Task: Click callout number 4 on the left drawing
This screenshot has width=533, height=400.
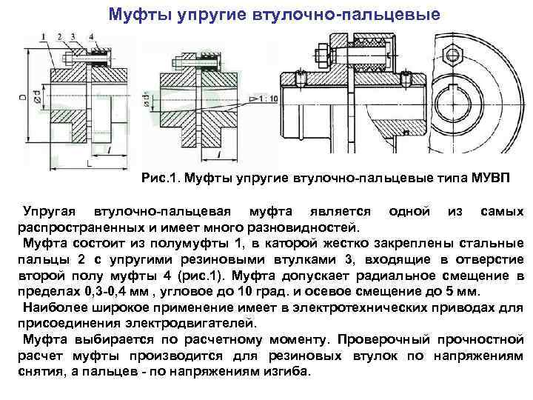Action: pyautogui.click(x=78, y=36)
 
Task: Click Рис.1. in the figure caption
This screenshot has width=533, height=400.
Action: pyautogui.click(x=160, y=179)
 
